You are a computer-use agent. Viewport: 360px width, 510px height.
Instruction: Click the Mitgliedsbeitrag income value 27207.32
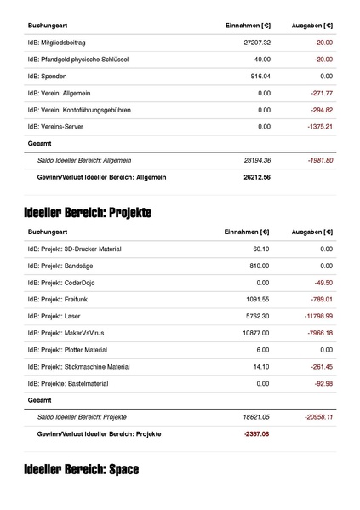(256, 42)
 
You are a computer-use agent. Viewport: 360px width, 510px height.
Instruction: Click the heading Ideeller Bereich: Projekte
(88, 212)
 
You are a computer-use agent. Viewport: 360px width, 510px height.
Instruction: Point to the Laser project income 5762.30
(257, 315)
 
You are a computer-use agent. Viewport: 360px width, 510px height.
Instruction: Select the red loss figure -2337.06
(256, 433)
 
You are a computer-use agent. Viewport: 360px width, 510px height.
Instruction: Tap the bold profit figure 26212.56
(256, 176)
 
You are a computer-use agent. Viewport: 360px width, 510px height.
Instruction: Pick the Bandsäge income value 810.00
(259, 265)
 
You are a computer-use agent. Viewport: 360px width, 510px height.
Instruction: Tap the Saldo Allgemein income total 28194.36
(256, 160)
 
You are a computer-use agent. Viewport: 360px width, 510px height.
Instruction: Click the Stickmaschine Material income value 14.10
(261, 366)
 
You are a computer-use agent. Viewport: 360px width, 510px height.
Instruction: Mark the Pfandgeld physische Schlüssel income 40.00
(261, 59)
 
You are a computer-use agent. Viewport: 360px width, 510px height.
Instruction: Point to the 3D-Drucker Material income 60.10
(261, 249)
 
